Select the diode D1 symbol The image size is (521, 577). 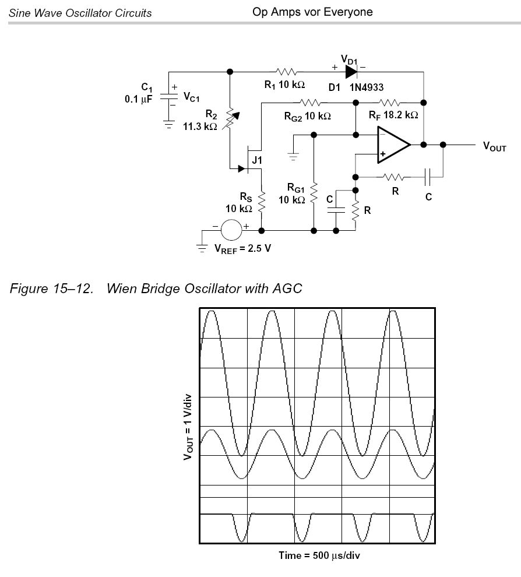tap(351, 71)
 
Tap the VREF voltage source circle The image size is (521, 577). tap(231, 230)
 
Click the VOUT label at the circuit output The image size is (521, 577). tap(494, 146)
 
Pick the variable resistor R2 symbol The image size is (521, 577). tap(231, 120)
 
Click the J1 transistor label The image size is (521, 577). tap(257, 160)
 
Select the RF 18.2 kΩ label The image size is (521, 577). tap(393, 115)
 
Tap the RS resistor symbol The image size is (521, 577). tap(262, 202)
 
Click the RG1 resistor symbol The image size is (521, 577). tap(314, 191)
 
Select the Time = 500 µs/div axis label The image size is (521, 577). tap(319, 555)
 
